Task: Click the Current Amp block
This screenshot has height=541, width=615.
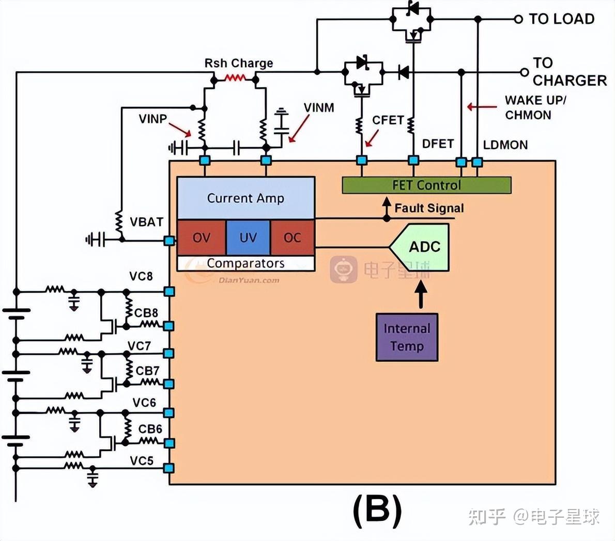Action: [245, 198]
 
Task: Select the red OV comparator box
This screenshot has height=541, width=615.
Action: [201, 237]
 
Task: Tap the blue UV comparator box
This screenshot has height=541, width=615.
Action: [248, 237]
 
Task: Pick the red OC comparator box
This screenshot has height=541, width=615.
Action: [292, 237]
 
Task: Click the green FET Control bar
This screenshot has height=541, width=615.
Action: [426, 185]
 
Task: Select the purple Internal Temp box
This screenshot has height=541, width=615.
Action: [407, 337]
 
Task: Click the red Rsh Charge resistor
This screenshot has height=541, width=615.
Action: [234, 78]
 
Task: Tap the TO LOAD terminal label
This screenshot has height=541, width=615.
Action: [561, 19]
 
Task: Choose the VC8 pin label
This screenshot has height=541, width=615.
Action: [141, 276]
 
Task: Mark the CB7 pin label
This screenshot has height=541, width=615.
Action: [147, 371]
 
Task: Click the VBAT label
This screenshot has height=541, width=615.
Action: [146, 222]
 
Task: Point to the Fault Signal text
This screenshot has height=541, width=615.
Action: [429, 208]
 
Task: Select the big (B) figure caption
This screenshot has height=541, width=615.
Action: [377, 510]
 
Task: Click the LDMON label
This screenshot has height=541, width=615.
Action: [505, 145]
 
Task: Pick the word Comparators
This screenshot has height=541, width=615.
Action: [245, 263]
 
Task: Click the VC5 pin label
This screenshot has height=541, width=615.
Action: [142, 460]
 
